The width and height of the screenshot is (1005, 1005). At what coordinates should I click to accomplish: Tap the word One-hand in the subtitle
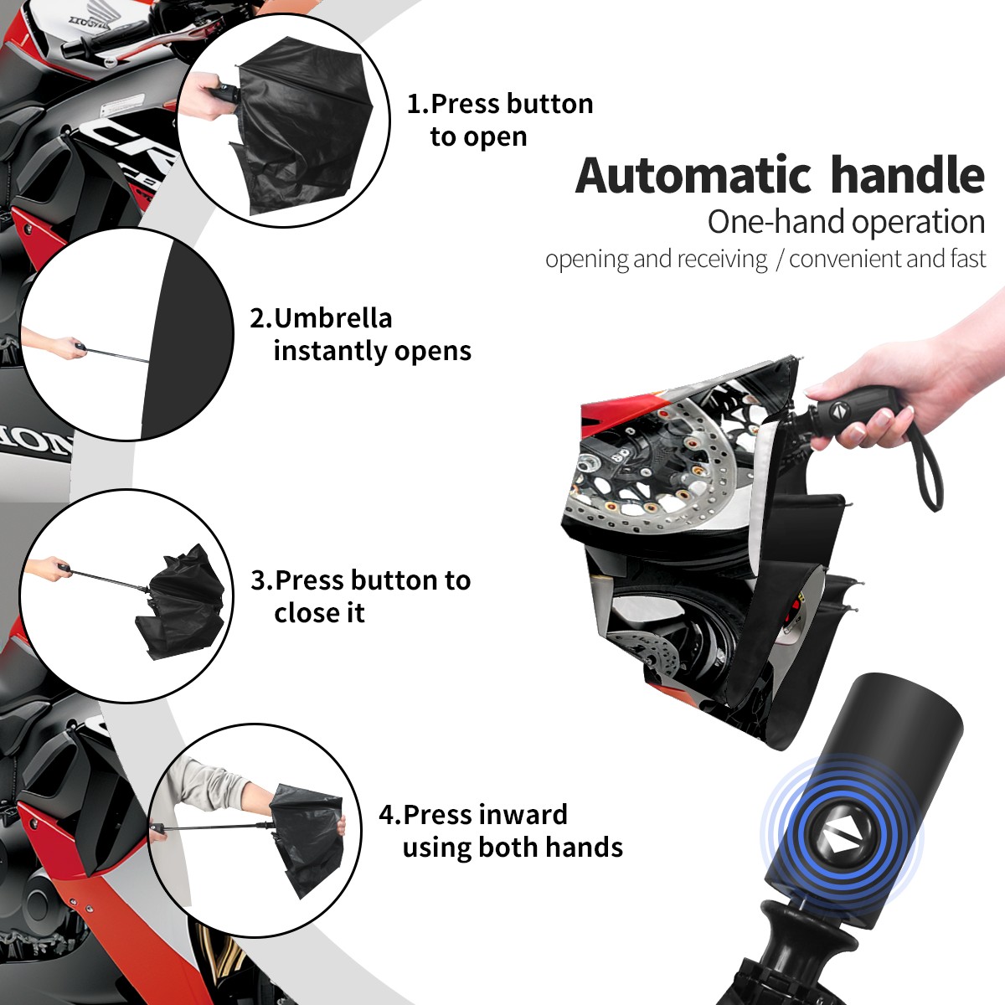[776, 222]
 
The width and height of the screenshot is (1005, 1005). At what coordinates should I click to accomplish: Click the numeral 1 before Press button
[414, 104]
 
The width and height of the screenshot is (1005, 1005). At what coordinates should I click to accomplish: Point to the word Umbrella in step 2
[332, 318]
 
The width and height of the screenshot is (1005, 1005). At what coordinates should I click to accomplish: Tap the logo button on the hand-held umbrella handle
[840, 410]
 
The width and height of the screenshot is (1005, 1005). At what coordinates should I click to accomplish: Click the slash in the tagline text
[779, 260]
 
